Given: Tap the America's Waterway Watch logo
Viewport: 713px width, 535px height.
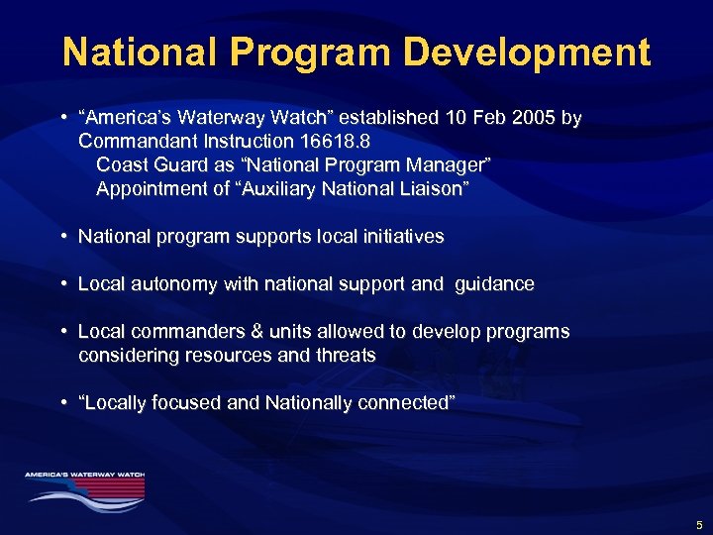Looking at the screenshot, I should [85, 486].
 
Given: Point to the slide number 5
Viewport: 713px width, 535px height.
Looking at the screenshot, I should [699, 524].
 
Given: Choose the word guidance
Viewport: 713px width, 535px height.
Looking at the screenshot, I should [494, 284].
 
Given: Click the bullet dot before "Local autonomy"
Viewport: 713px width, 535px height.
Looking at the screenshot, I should [63, 284].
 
